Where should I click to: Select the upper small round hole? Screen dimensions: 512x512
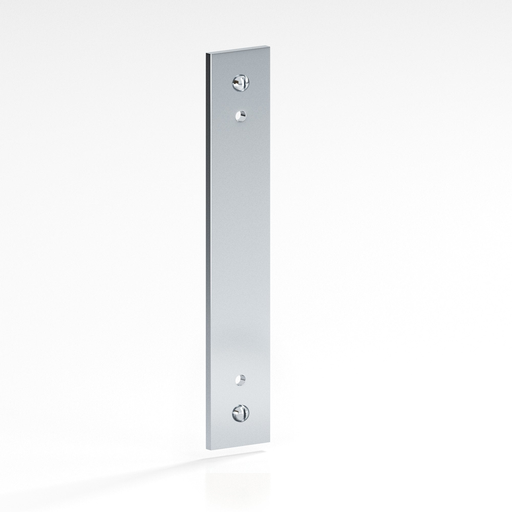(x=241, y=116)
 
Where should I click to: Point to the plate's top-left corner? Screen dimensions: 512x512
(x=206, y=53)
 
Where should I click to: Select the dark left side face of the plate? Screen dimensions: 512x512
(x=208, y=252)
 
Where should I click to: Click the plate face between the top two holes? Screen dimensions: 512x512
(x=241, y=100)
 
